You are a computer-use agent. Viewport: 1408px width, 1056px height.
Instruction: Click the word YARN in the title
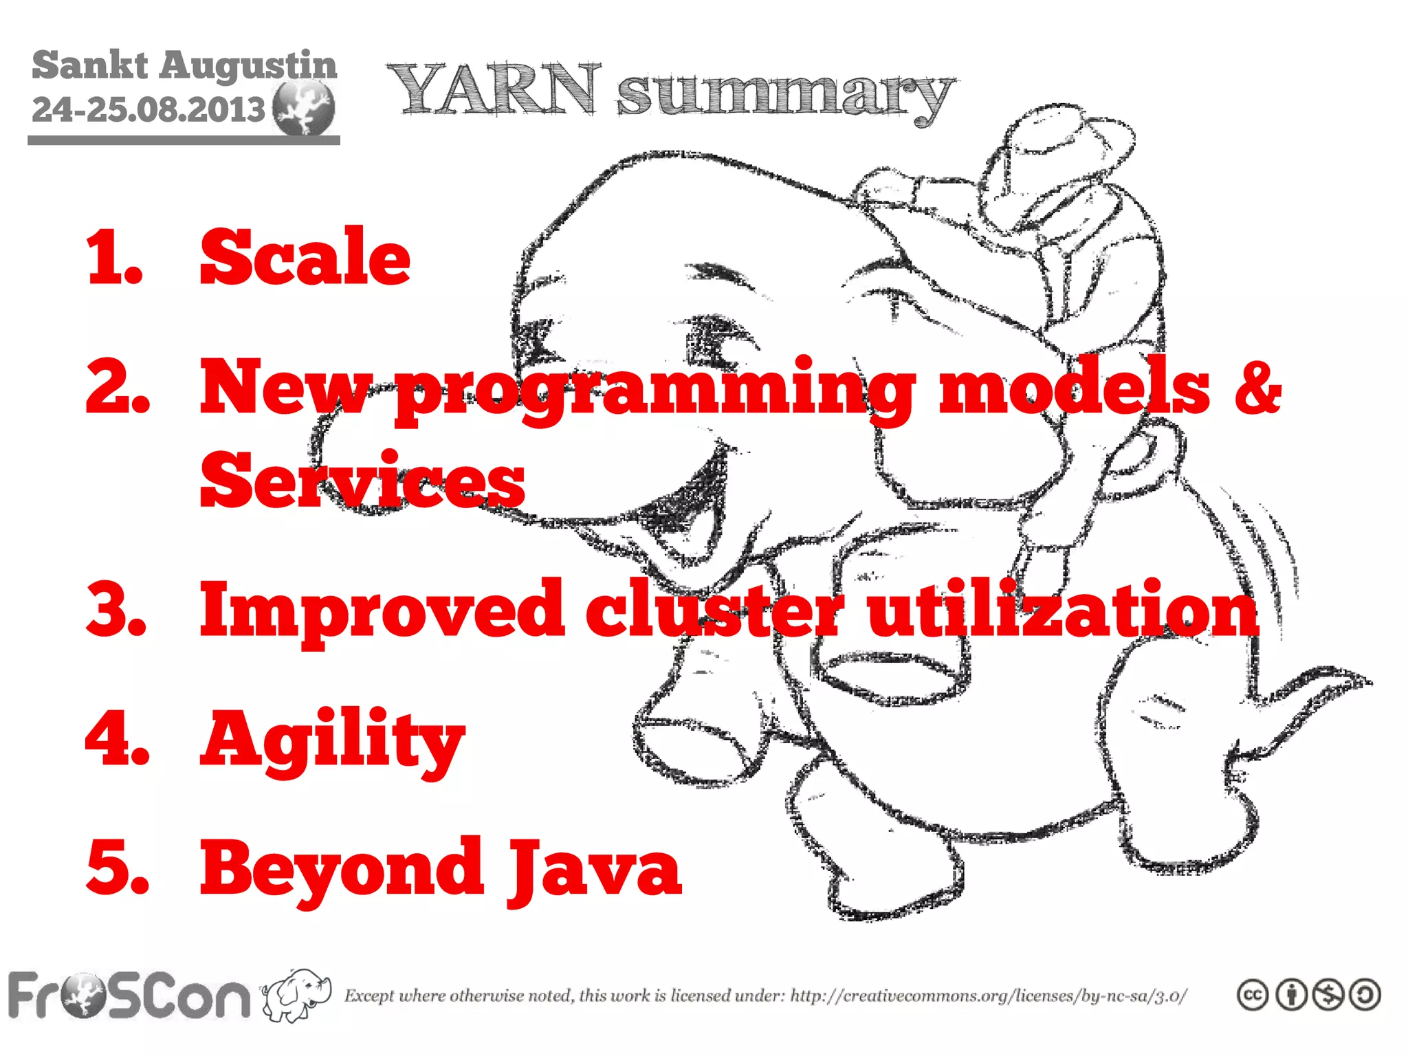(x=494, y=89)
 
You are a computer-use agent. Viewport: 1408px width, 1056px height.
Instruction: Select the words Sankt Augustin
(x=184, y=65)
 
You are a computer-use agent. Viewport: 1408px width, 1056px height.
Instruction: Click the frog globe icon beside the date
(x=303, y=107)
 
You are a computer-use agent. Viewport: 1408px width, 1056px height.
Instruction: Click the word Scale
(x=305, y=258)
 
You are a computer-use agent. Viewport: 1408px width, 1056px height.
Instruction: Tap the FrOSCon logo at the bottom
(x=129, y=995)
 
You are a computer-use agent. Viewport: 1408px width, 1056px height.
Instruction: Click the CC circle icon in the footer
(x=1252, y=995)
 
